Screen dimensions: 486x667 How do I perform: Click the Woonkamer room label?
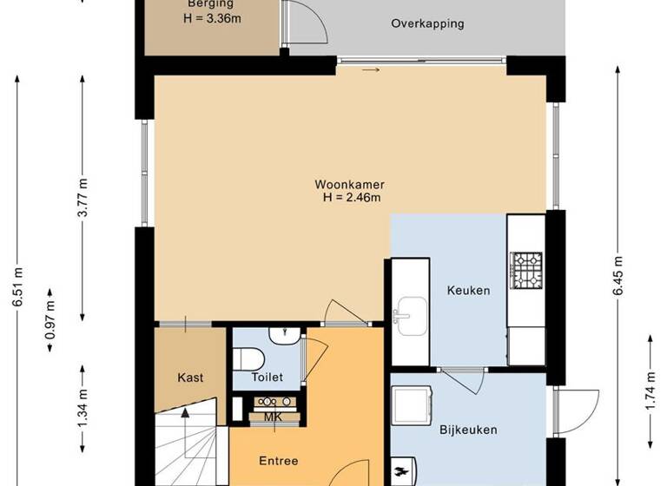tap(350, 185)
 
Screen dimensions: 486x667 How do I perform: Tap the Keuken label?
tap(468, 291)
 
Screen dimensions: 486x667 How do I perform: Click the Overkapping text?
tap(427, 24)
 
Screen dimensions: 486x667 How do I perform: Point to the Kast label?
tap(190, 378)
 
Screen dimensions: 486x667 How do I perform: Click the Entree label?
tap(278, 461)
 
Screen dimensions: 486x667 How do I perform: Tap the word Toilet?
tap(267, 378)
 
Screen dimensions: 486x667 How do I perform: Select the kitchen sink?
tap(409, 311)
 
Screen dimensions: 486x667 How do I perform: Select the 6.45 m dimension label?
tap(617, 276)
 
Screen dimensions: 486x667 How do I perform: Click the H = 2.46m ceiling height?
tap(351, 198)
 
